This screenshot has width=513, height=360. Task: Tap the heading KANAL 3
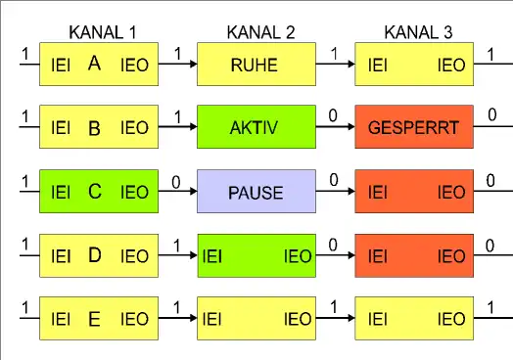point(419,32)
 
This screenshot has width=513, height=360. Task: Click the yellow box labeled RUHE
point(256,66)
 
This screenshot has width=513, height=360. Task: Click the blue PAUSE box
point(256,193)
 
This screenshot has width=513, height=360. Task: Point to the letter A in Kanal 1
point(94,65)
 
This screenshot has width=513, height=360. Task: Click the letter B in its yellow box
point(94,128)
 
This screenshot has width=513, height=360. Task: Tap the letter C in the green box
point(94,192)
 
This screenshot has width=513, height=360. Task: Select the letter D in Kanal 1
point(94,255)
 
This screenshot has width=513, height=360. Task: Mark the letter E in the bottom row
point(94,319)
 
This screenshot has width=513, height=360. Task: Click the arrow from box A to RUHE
point(177,66)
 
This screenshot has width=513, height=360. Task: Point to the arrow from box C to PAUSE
point(177,193)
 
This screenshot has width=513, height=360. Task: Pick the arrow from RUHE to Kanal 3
point(335,66)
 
